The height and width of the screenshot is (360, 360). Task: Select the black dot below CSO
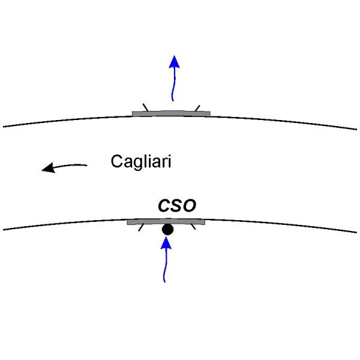[x=167, y=229]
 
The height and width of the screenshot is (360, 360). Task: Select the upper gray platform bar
[x=171, y=113]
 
